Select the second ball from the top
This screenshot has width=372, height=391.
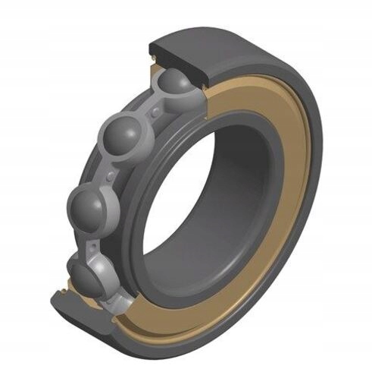point(123,137)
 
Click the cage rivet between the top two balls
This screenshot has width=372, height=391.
point(155,112)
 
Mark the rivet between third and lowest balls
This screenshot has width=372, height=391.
point(92,241)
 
